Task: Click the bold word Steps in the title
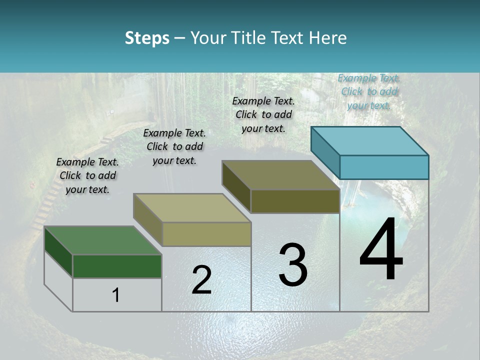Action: (x=147, y=38)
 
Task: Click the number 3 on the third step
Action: (x=293, y=264)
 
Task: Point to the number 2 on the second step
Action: (x=201, y=280)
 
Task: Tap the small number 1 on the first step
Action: (x=115, y=295)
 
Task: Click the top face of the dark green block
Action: (x=102, y=240)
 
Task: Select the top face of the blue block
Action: (x=370, y=141)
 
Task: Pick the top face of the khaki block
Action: (x=192, y=208)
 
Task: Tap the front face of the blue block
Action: (x=384, y=167)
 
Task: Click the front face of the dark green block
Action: (x=117, y=266)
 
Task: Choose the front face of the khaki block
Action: (x=206, y=234)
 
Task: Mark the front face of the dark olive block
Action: (x=295, y=201)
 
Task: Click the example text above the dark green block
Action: (x=87, y=175)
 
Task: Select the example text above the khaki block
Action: (x=174, y=146)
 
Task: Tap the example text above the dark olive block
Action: (x=263, y=114)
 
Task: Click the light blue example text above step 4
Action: (x=369, y=91)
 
